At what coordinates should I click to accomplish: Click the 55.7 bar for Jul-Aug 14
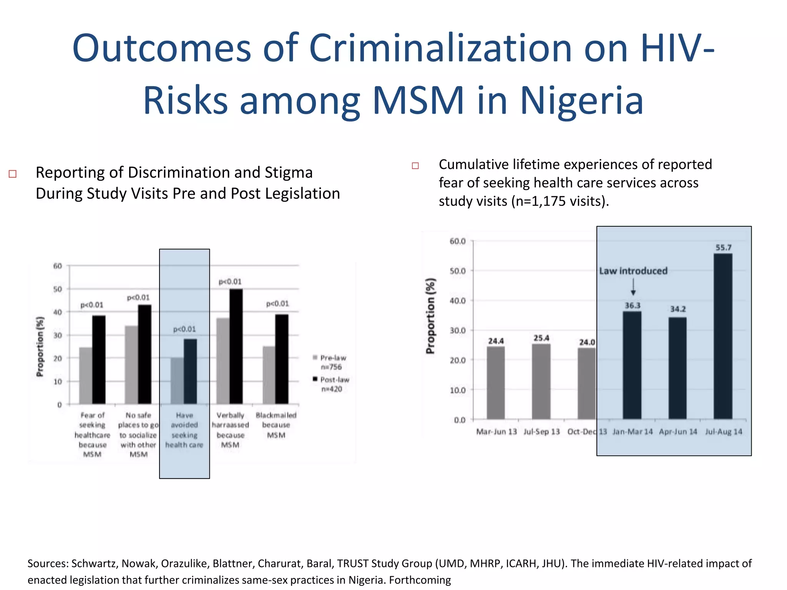723,336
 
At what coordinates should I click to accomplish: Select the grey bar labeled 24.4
496,383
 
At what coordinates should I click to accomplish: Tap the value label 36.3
632,306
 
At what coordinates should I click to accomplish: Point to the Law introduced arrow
633,287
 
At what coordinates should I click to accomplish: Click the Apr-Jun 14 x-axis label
678,432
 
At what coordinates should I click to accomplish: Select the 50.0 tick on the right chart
457,271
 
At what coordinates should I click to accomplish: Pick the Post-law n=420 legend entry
332,384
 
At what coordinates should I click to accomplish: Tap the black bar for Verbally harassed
236,346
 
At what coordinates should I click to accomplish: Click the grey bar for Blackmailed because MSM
269,375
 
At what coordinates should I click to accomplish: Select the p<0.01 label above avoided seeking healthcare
184,329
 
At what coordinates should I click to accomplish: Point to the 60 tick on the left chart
58,266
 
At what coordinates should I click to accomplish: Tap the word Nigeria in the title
581,101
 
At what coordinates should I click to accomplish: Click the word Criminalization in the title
440,48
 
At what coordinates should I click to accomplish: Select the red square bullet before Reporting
13,174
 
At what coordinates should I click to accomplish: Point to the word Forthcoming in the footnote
420,580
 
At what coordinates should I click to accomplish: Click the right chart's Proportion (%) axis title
430,316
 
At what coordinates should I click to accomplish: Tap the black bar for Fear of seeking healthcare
99,360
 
